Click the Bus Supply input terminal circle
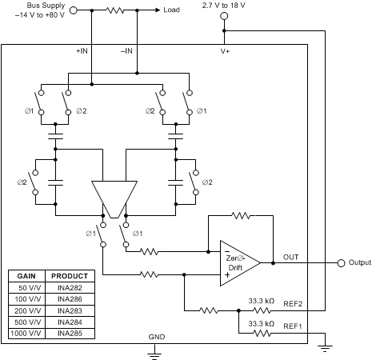coord(74,10)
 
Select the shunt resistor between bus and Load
coord(117,10)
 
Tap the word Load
coord(172,10)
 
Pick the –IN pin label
coord(126,52)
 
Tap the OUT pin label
coord(290,257)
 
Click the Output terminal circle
coord(342,262)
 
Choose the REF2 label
coord(293,303)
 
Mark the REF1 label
coord(293,326)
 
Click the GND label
coord(156,338)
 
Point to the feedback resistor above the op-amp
coord(241,214)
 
